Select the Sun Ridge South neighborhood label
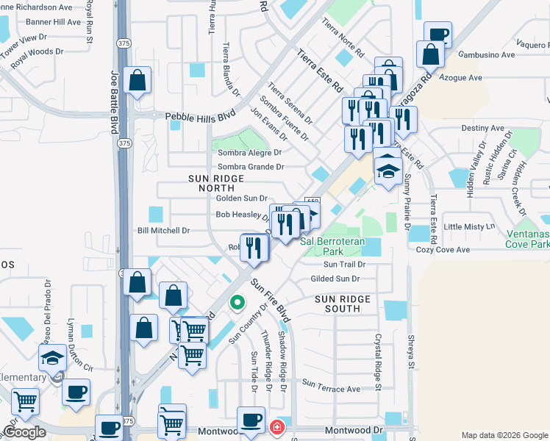coord(337,304)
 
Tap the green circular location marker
coord(237,302)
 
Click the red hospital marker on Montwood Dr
coord(277,427)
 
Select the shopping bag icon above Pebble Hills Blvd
coord(137,81)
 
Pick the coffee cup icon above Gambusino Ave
coord(438,35)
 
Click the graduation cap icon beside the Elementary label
coord(52,359)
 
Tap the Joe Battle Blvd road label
coord(115,102)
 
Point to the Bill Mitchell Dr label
coord(164,231)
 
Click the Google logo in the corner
coord(24,433)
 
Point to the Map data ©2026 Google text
coord(504,434)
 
